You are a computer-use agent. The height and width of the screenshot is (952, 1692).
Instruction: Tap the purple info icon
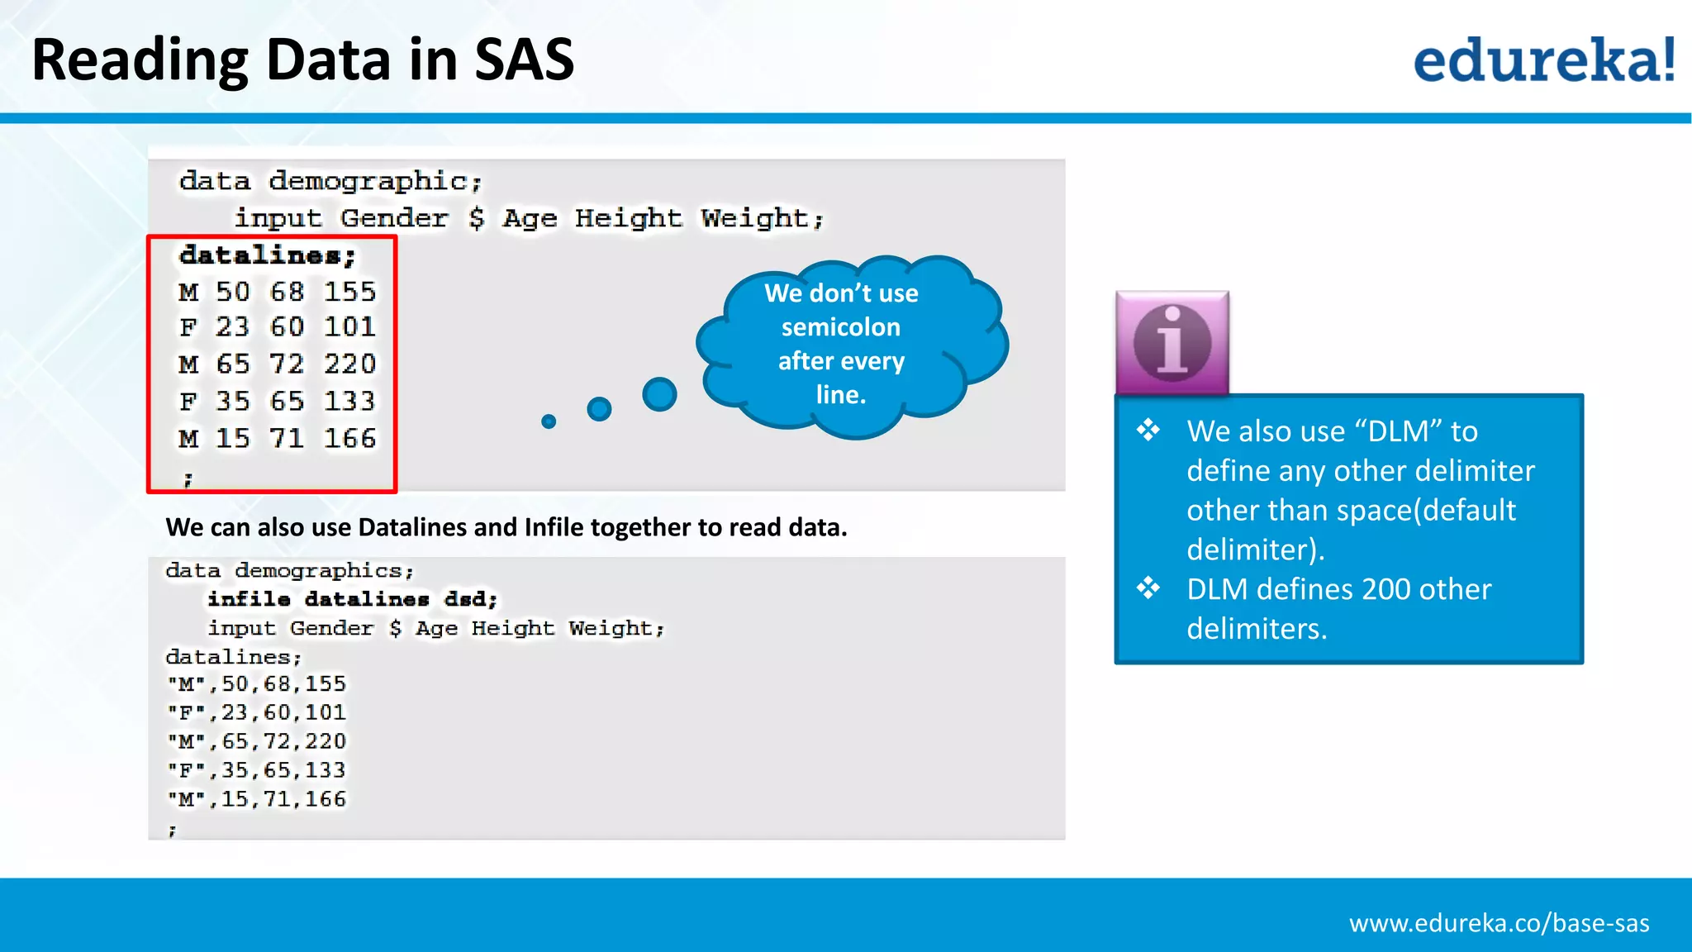(x=1172, y=342)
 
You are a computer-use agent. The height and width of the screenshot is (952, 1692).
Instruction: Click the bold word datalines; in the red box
(x=267, y=255)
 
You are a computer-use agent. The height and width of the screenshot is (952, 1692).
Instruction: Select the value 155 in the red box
(x=349, y=292)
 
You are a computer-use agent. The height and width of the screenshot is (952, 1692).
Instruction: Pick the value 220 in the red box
(x=349, y=364)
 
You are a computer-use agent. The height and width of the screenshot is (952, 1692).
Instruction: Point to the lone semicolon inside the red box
(x=188, y=478)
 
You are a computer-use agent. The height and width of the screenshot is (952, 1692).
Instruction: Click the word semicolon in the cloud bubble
(x=840, y=327)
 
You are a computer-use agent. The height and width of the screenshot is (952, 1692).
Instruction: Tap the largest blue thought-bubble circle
(x=659, y=394)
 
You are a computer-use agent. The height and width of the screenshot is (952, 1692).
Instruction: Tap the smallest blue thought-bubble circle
(x=549, y=421)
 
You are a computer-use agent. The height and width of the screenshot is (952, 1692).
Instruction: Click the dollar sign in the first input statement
(x=476, y=218)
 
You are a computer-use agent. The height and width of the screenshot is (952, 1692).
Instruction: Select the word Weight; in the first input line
(x=762, y=218)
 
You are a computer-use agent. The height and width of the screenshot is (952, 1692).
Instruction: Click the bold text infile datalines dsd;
(x=353, y=599)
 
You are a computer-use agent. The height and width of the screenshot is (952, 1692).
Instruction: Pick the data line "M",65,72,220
(x=256, y=741)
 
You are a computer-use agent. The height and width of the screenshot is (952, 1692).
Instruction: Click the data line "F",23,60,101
(x=256, y=712)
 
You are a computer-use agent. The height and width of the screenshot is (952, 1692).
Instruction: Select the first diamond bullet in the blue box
(x=1148, y=430)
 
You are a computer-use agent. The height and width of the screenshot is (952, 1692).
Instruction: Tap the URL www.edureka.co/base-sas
(x=1499, y=923)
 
